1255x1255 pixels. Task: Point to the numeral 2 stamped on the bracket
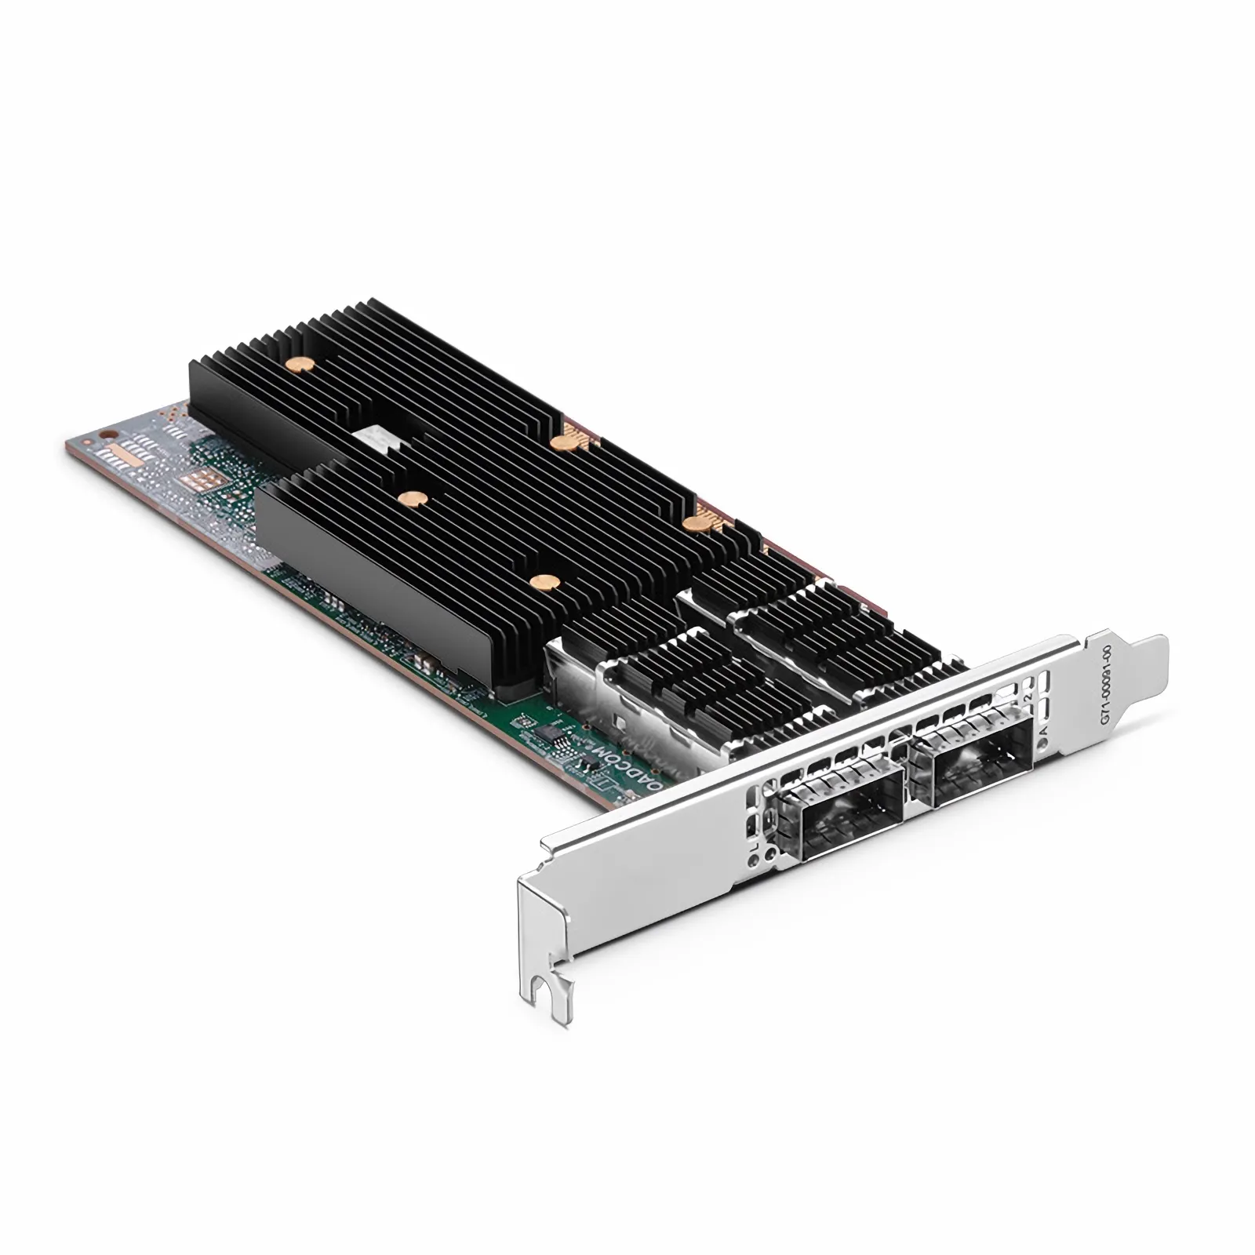click(1028, 696)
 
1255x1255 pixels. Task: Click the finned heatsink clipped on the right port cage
click(831, 627)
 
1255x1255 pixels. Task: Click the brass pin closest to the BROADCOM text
click(540, 582)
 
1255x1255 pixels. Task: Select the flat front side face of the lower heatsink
click(376, 580)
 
